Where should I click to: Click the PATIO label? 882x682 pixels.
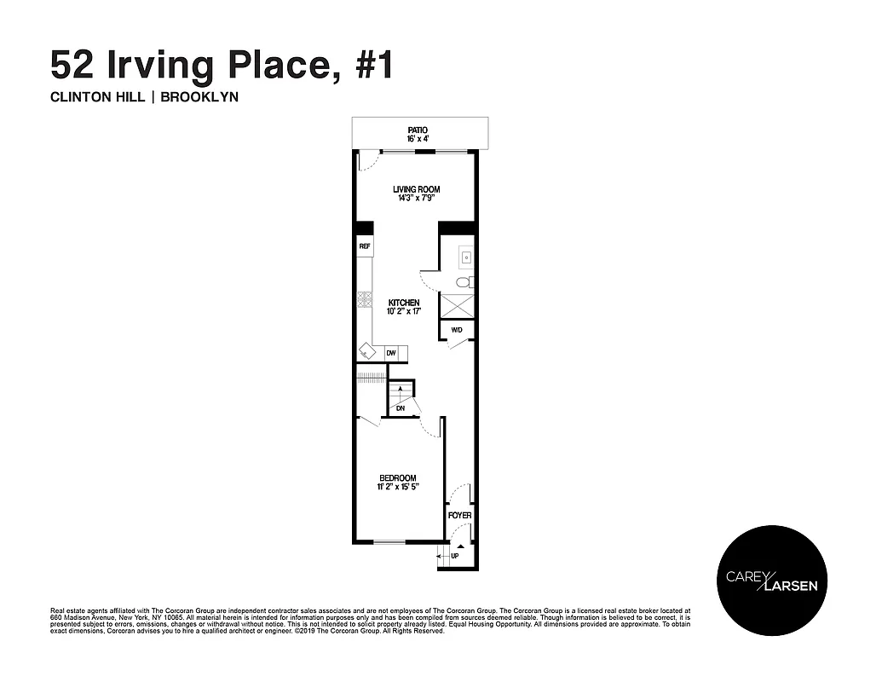pos(417,130)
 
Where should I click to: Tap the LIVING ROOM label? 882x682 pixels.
pos(416,189)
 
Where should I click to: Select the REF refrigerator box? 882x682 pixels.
pos(364,246)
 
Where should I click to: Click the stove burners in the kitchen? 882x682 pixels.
pos(364,299)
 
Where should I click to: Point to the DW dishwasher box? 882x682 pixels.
pos(391,353)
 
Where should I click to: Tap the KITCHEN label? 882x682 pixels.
pos(404,303)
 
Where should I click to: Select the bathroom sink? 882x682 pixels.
pos(465,255)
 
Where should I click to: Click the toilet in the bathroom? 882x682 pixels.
pos(464,282)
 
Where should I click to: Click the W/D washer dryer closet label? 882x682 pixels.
pos(456,330)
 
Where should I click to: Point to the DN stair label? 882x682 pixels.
pos(401,408)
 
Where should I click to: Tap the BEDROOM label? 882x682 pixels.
pos(398,477)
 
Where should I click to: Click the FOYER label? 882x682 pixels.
pos(459,516)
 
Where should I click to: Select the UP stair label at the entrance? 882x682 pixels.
pos(454,556)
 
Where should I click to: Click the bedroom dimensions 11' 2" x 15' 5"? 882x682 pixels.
pos(398,488)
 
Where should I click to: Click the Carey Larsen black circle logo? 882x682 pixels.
pos(770,580)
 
